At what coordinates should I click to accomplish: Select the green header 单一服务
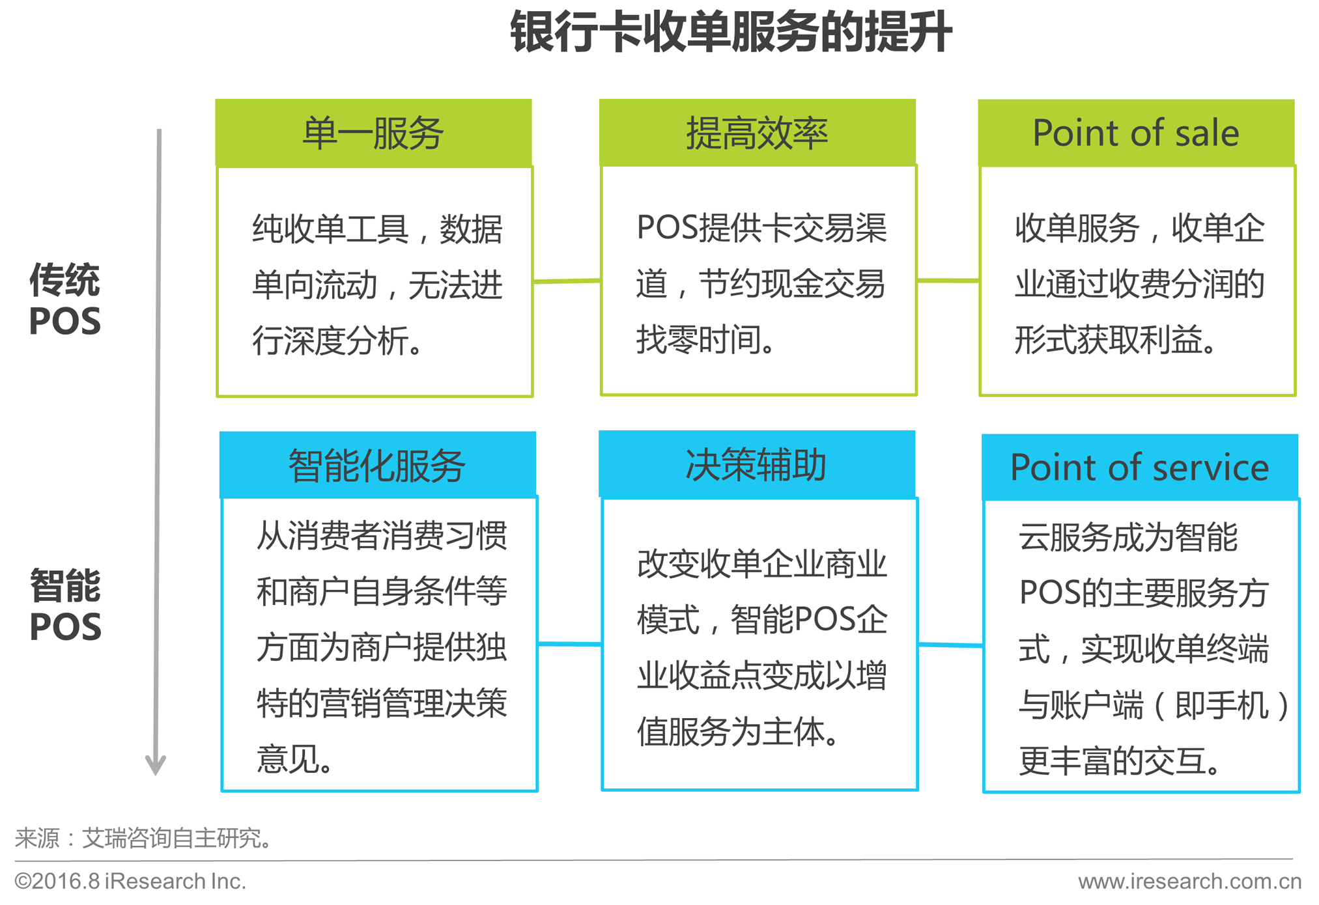coord(373,133)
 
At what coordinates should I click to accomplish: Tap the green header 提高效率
coord(757,133)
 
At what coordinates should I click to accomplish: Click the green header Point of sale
coord(1136,133)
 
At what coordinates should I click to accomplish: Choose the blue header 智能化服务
coord(377,466)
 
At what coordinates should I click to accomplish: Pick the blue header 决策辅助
coord(756,465)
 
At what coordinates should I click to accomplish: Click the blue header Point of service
coord(1139,467)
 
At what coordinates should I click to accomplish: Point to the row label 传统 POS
coord(65,300)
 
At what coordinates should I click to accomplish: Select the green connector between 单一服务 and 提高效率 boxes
coord(567,281)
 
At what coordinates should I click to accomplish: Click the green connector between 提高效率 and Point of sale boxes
coord(948,281)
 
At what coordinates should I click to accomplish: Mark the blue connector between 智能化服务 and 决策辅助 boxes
coord(570,644)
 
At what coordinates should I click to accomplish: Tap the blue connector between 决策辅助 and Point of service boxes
coord(950,645)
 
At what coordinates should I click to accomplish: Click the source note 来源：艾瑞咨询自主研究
coord(143,838)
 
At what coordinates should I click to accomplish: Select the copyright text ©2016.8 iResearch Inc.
coord(130,881)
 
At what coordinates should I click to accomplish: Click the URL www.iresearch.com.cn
coord(1189,881)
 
